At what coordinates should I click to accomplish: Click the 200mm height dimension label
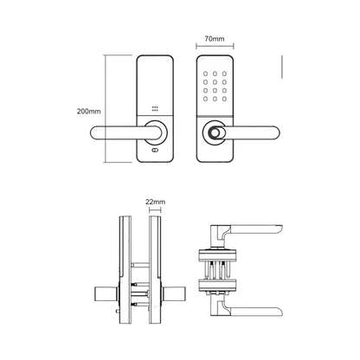click(x=88, y=112)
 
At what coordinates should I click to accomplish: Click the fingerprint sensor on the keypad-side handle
click(x=211, y=133)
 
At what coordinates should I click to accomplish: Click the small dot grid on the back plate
click(x=156, y=110)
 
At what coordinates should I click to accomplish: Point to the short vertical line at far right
click(x=282, y=67)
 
